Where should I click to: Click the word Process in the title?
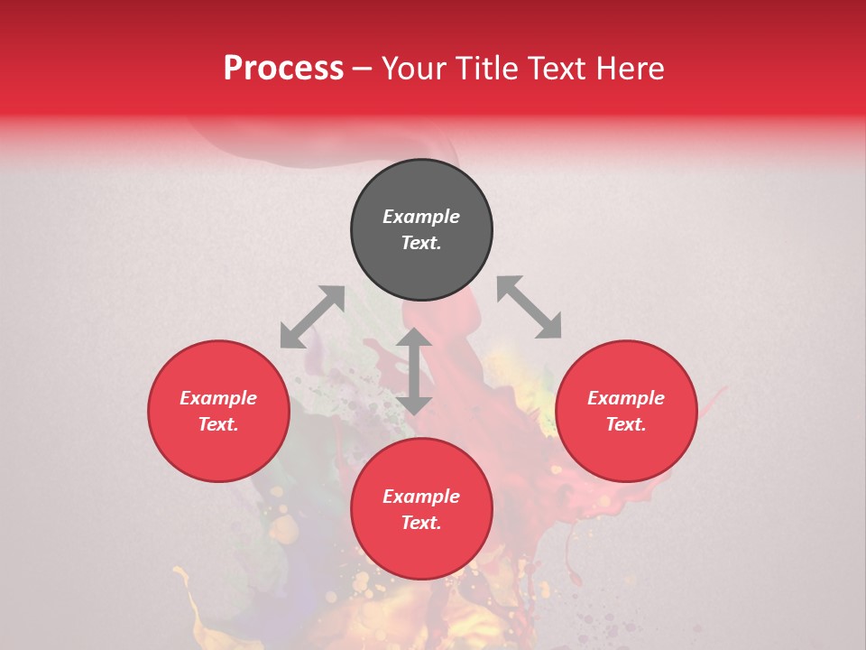[283, 69]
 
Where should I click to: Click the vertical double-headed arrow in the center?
[414, 371]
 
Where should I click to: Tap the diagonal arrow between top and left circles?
[312, 317]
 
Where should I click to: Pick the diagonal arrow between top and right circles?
[530, 307]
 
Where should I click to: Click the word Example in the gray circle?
[421, 217]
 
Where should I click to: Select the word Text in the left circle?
[218, 424]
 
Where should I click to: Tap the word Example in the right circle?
[626, 398]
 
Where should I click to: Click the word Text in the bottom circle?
[421, 523]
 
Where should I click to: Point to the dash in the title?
[362, 69]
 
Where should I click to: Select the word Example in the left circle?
[218, 398]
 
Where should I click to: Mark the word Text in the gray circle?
[421, 243]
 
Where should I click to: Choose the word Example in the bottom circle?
[421, 497]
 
